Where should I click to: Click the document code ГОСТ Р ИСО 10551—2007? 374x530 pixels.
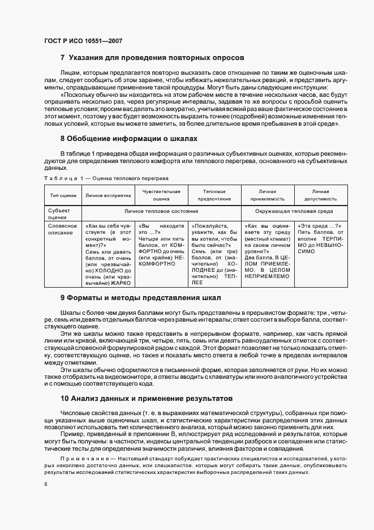click(x=83, y=41)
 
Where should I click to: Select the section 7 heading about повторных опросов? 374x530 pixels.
click(x=152, y=58)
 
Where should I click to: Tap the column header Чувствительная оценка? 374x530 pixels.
click(x=161, y=195)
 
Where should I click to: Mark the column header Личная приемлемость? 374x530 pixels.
click(x=268, y=195)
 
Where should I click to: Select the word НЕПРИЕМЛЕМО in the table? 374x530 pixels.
click(x=267, y=276)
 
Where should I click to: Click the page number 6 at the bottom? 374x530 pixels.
click(x=45, y=484)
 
